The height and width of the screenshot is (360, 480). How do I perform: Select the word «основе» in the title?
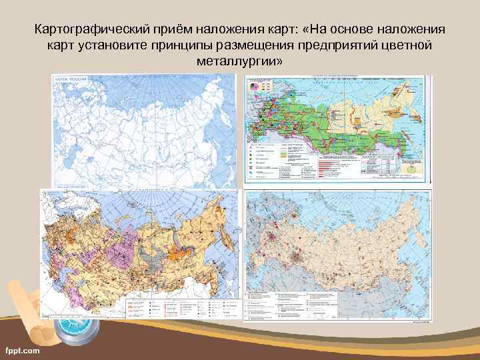click(352, 30)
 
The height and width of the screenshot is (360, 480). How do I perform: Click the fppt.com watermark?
click(22, 349)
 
